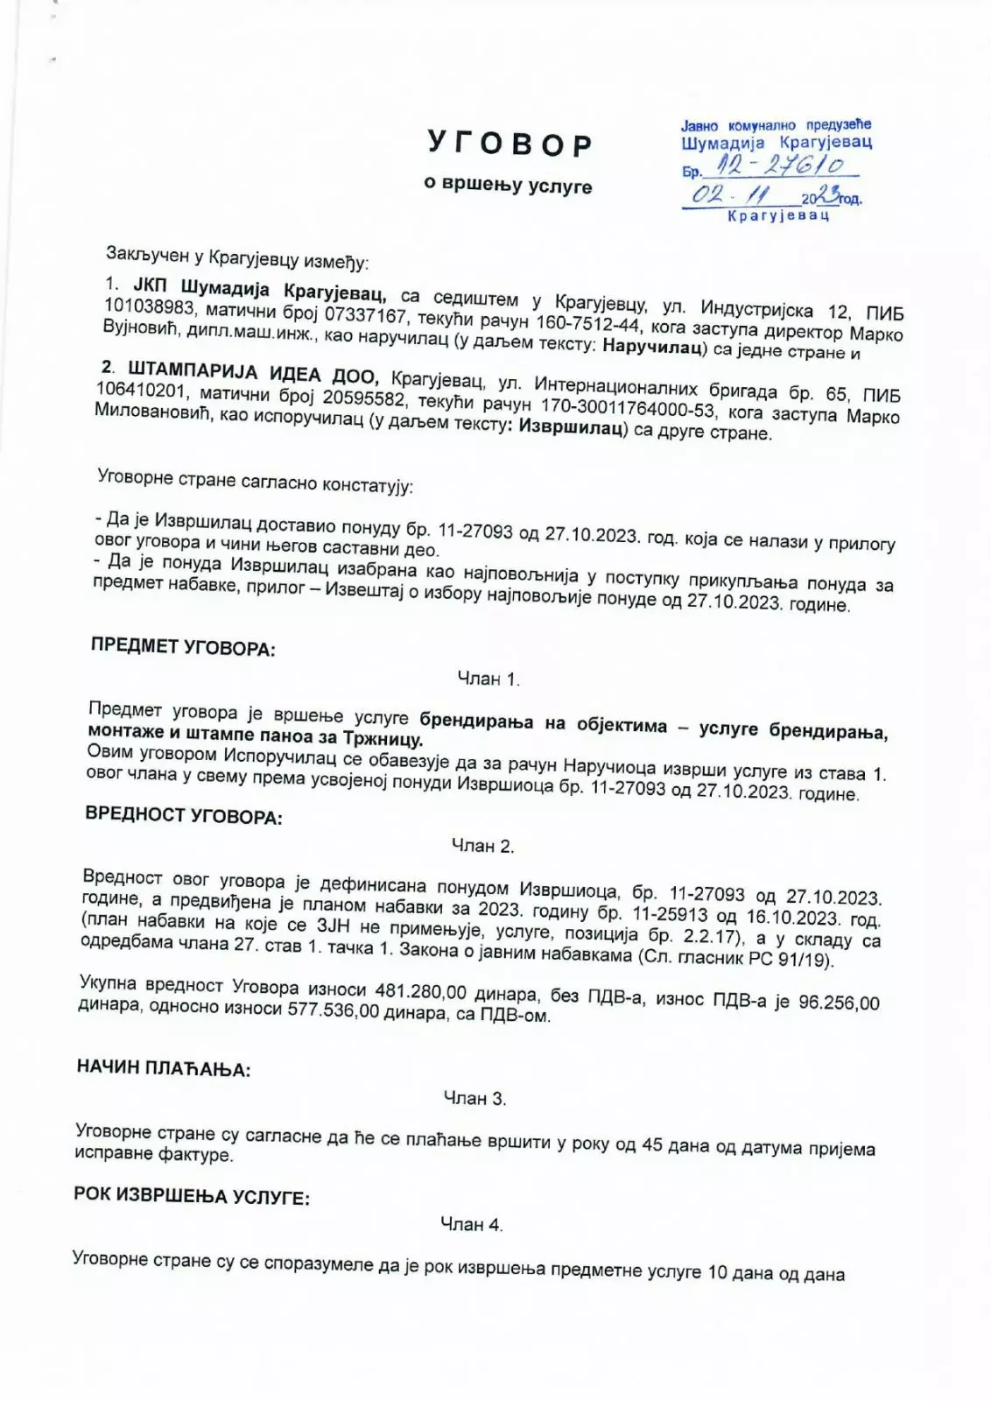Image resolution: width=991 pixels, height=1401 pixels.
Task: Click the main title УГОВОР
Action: pos(510,144)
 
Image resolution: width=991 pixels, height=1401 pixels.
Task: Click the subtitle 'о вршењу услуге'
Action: pos(508,186)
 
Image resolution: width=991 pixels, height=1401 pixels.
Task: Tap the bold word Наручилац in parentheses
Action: pos(654,348)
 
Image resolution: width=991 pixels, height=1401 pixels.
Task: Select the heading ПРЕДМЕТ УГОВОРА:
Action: pos(183,648)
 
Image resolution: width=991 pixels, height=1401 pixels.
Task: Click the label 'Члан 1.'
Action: pos(488,679)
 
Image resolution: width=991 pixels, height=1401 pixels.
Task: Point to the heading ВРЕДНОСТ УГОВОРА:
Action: pos(184,815)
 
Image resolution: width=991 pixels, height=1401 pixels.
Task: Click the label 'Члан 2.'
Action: pos(482,846)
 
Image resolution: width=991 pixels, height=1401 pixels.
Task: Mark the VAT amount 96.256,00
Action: pos(839,1003)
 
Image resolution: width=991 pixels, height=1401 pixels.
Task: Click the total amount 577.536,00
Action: pos(333,1012)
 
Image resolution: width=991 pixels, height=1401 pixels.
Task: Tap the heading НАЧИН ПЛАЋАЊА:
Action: pos(164,1067)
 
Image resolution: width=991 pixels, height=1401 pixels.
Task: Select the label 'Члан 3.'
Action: pos(474,1098)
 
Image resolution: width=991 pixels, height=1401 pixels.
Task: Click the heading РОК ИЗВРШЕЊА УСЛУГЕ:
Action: pos(192,1195)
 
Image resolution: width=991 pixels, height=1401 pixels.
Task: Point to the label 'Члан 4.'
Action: pos(471,1225)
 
